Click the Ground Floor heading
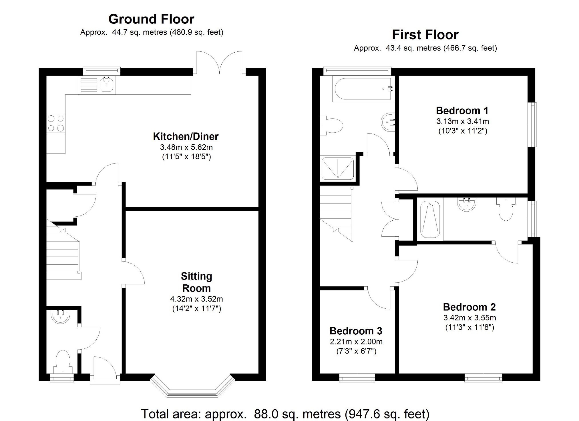coord(151,19)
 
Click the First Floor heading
coord(425,35)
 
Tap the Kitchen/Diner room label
coord(186,136)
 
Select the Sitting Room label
coord(196,282)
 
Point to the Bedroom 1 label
coord(462,110)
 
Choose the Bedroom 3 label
coord(356,331)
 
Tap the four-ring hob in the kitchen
coord(56,123)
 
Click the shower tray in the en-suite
coord(430,220)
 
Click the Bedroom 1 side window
coord(534,124)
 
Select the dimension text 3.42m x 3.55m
coord(469,318)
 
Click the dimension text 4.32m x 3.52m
coord(196,299)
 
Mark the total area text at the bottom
coord(285,414)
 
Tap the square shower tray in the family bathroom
coord(338,169)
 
